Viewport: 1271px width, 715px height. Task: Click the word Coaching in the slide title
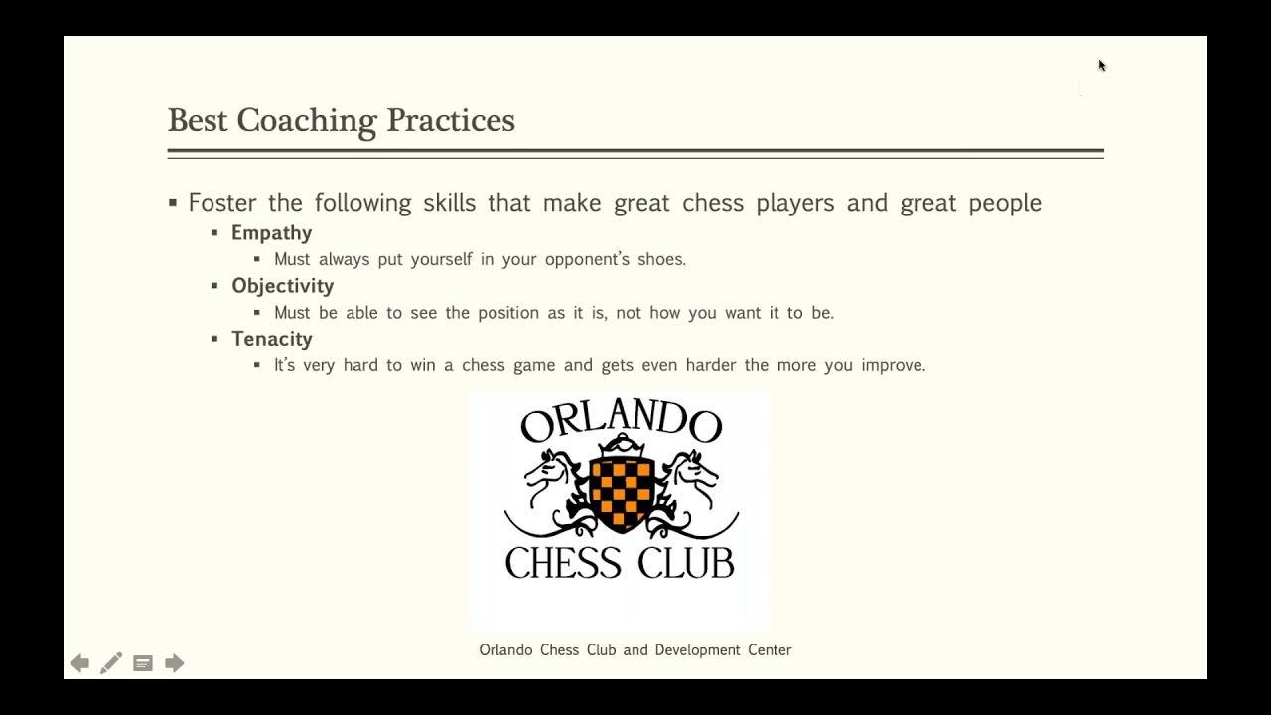[307, 121]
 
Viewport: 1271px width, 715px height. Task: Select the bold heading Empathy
[271, 233]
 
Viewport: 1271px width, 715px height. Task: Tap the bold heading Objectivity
[282, 286]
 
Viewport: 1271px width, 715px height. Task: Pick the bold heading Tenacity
[271, 339]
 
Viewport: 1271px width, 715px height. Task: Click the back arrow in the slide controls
[79, 663]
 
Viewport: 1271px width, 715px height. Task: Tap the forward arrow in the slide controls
[175, 663]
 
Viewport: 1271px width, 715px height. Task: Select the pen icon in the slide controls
[111, 663]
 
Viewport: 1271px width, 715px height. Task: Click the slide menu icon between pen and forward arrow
[143, 663]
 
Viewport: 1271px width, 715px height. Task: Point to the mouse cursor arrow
[1101, 66]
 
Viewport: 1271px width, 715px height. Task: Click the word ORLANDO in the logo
[621, 423]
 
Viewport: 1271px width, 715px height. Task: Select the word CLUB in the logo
[686, 563]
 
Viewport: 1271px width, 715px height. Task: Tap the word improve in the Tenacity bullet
[891, 365]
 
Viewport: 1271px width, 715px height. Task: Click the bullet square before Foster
[173, 203]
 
